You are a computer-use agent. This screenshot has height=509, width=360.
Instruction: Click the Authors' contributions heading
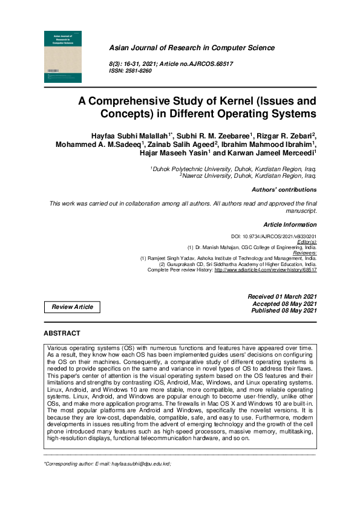click(284, 190)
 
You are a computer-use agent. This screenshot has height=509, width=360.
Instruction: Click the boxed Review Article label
click(73, 307)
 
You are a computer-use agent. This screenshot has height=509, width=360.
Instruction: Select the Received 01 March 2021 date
click(282, 296)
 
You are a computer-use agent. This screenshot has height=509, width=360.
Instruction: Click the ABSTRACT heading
click(62, 333)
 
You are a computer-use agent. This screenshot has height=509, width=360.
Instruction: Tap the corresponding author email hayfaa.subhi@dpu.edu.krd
click(136, 464)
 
